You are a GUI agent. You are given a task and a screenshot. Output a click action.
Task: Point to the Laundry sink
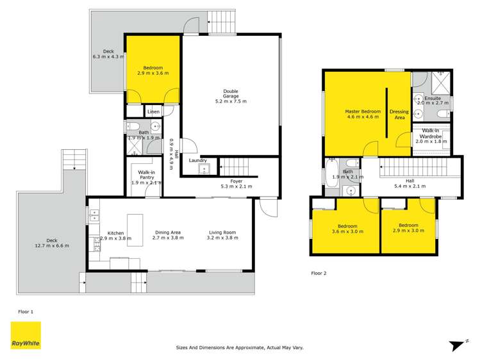click(x=204, y=170)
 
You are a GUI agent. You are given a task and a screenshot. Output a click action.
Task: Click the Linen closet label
click(x=153, y=112)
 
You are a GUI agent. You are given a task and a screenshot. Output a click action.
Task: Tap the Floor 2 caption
click(x=319, y=273)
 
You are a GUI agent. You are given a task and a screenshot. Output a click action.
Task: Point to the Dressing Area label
click(x=399, y=115)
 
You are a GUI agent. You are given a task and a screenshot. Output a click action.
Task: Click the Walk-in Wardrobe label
click(x=431, y=134)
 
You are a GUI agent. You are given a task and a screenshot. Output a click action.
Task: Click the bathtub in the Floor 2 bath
click(x=332, y=174)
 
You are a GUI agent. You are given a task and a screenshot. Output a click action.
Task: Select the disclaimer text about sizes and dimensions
click(x=240, y=348)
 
